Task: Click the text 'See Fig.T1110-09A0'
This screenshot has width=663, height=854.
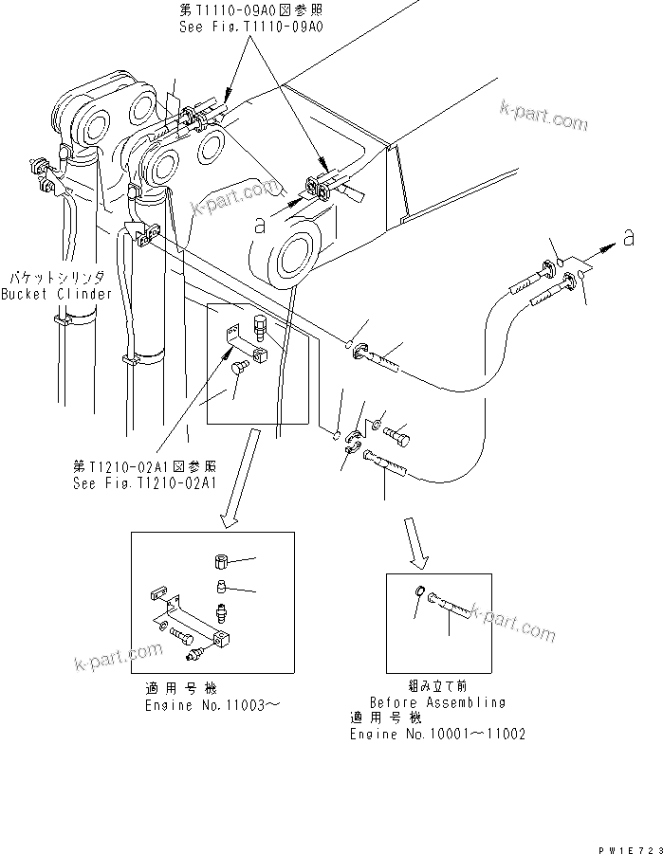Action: coord(251,28)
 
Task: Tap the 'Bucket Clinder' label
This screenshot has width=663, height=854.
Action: coord(56,294)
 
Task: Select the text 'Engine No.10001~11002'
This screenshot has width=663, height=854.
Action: coord(437,734)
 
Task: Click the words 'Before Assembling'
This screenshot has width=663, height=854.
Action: coord(437,702)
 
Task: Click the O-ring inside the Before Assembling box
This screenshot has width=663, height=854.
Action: coord(421,594)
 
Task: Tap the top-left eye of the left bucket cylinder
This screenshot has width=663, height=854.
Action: coord(94,123)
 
